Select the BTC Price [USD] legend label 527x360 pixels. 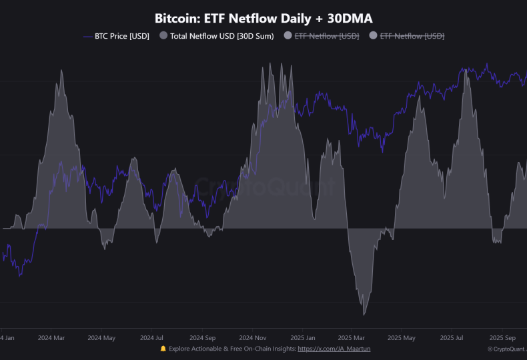point(121,36)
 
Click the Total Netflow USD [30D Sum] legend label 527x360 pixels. point(221,36)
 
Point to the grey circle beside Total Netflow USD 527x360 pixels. point(163,36)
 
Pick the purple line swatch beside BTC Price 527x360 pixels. point(87,36)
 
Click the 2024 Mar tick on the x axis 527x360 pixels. point(51,337)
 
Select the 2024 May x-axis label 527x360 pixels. point(101,337)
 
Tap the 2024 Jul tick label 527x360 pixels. point(151,337)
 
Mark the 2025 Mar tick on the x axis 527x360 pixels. point(352,337)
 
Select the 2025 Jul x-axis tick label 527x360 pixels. point(452,337)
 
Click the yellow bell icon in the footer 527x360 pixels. point(163,349)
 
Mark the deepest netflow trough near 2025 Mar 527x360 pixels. point(364,315)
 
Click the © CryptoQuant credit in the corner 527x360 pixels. point(507,349)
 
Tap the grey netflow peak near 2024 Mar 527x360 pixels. point(61,71)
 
